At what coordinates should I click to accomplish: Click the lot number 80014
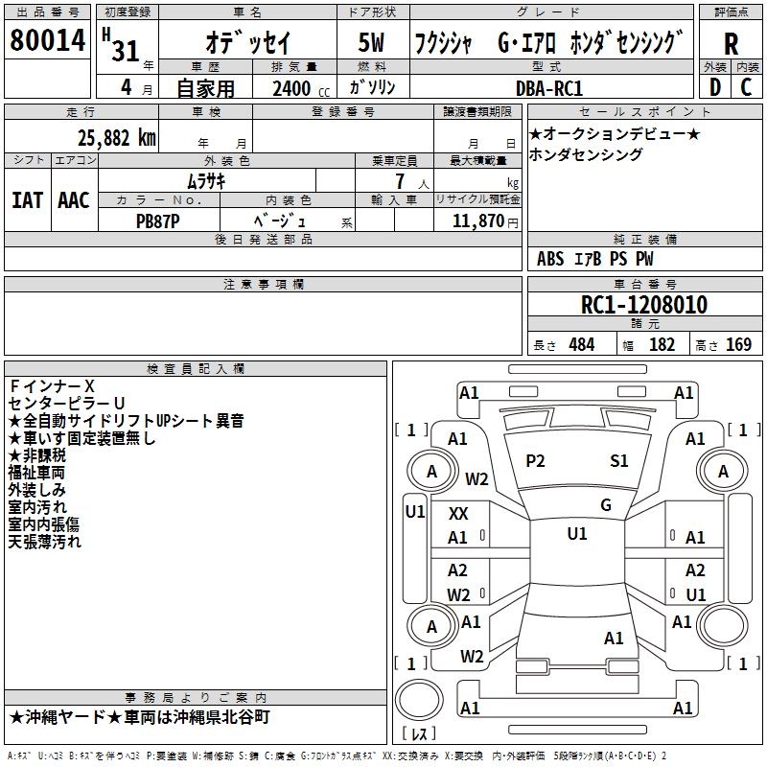[x=47, y=40]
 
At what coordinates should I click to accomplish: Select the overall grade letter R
[x=731, y=44]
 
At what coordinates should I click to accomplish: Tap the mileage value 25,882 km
[x=116, y=138]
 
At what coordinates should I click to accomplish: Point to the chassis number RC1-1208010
[x=643, y=305]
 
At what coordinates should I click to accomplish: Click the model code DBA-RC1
[x=548, y=88]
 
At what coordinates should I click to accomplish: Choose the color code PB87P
[x=157, y=221]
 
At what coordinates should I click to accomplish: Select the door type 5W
[x=371, y=42]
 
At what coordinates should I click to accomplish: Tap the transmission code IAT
[x=27, y=200]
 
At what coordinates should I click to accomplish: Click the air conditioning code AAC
[x=74, y=200]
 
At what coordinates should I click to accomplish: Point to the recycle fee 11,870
[x=477, y=221]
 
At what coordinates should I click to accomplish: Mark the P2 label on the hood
[x=535, y=461]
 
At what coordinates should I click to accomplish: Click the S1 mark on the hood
[x=618, y=461]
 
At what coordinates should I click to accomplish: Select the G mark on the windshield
[x=606, y=504]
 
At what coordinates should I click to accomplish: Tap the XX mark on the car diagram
[x=458, y=514]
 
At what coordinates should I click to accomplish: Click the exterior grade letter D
[x=715, y=87]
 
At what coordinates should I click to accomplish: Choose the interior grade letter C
[x=746, y=87]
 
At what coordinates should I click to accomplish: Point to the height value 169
[x=738, y=344]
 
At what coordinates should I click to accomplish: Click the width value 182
[x=662, y=344]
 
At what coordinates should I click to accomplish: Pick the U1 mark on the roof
[x=577, y=534]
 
